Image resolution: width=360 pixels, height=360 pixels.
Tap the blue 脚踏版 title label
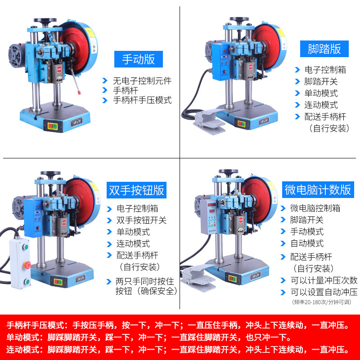pos(324,48)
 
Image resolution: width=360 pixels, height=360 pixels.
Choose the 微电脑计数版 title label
pos(318,189)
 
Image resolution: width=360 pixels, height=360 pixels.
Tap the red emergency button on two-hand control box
pos(26,264)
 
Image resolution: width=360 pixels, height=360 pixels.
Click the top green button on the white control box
pos(26,246)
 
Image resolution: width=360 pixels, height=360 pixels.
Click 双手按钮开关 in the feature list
pos(141,220)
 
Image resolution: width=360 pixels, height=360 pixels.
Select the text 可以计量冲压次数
pos(324,280)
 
